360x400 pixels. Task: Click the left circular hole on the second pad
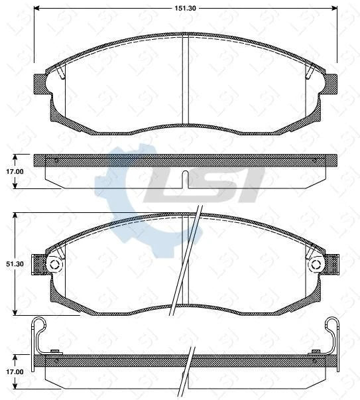pos(54,265)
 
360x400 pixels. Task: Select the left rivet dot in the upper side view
pos(57,161)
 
